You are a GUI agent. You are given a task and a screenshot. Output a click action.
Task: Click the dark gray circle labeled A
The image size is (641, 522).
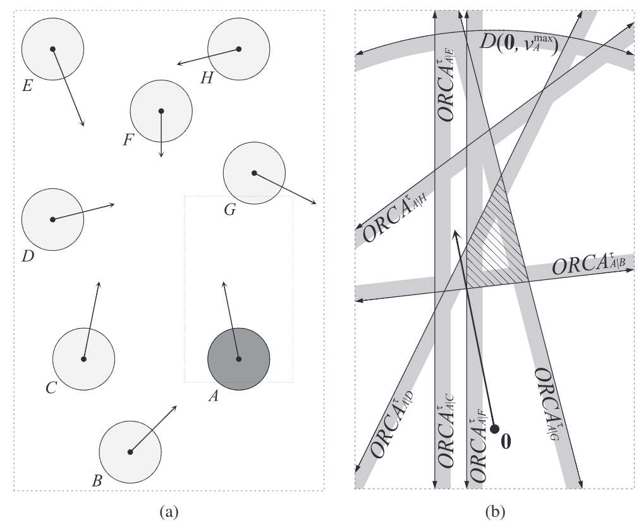tap(238, 359)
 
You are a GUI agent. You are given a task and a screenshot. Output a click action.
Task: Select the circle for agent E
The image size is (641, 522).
tap(52, 49)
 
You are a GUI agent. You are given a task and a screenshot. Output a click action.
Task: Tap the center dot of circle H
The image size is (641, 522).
tap(239, 49)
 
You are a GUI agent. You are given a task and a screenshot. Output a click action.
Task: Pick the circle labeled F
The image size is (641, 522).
tap(161, 111)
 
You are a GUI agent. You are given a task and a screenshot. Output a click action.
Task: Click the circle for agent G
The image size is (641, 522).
tap(254, 173)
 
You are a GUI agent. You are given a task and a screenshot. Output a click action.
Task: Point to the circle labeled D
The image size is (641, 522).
tap(52, 219)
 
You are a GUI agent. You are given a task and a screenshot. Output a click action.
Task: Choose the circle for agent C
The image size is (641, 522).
tap(83, 359)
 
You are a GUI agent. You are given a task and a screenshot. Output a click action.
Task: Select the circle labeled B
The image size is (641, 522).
tap(130, 452)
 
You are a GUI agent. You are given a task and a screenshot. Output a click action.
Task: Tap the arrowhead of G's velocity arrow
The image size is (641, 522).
tap(314, 202)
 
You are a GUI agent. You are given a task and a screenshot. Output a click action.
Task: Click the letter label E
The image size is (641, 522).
tap(27, 85)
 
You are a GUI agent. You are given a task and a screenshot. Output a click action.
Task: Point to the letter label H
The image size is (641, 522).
tap(206, 78)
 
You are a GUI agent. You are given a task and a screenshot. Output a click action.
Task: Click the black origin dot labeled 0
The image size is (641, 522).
tap(495, 429)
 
